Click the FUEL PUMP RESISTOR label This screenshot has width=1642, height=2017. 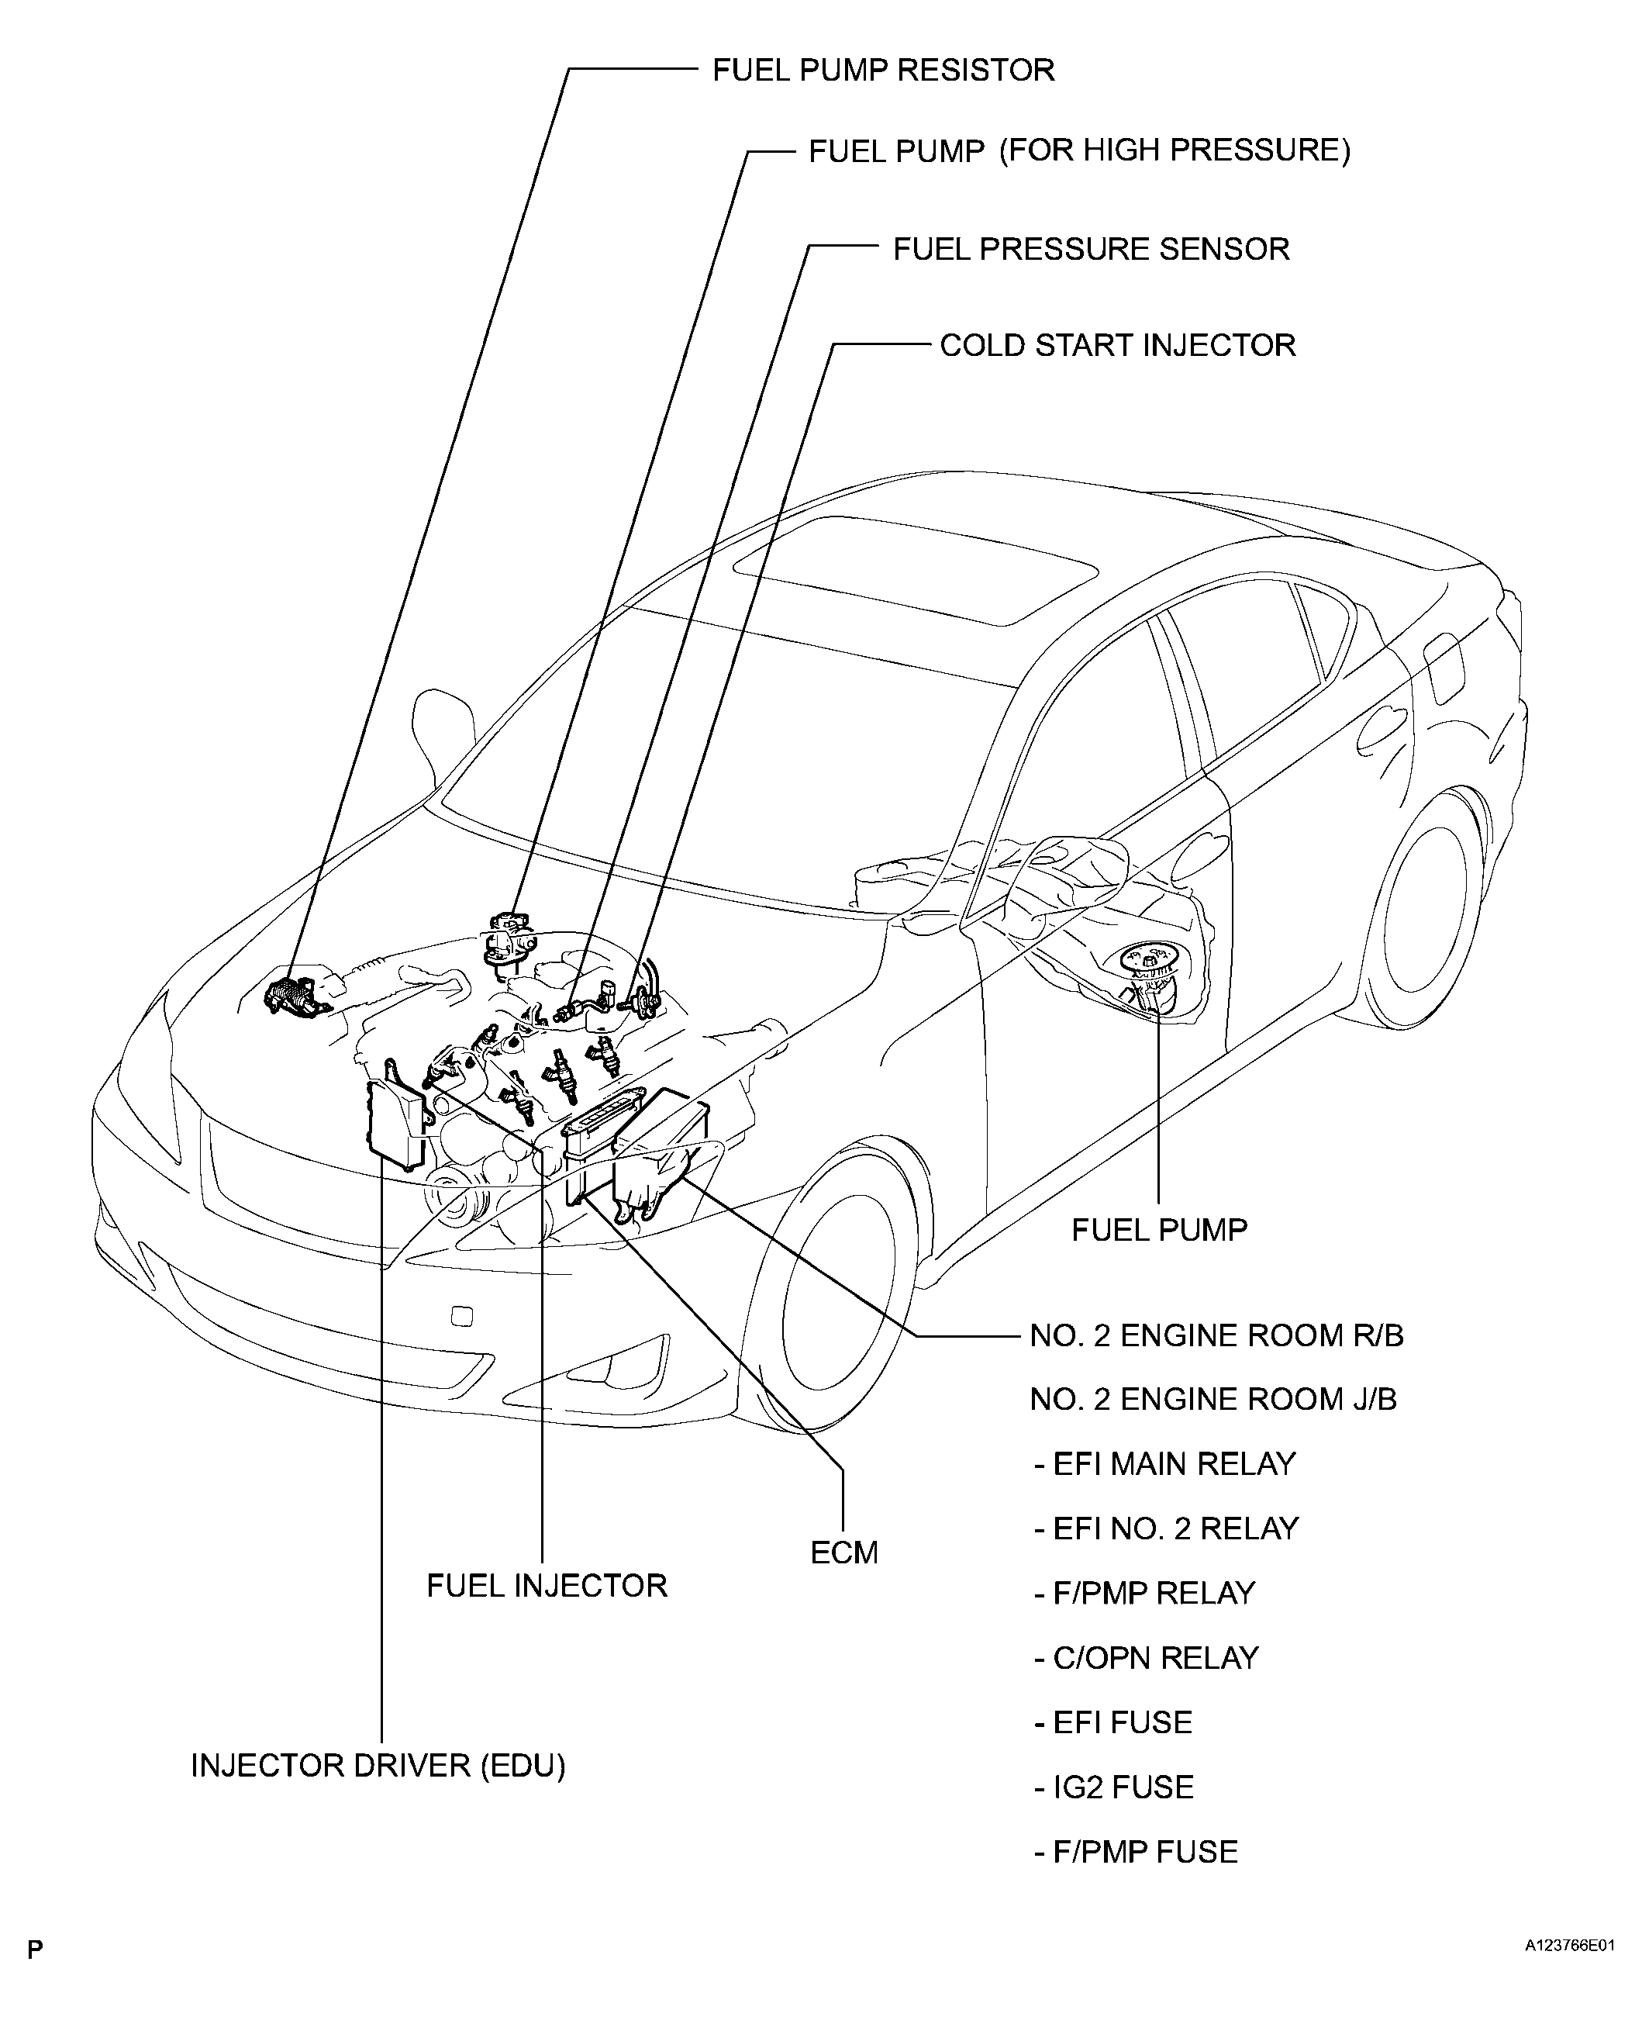tap(884, 70)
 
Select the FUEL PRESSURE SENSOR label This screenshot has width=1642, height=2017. tap(1092, 249)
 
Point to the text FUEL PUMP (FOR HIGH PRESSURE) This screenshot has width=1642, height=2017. tap(1079, 150)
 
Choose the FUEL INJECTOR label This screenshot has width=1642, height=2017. tap(547, 1586)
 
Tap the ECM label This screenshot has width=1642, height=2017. tap(845, 1552)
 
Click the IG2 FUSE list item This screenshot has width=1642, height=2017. tap(1113, 1787)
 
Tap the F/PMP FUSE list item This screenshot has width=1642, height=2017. tap(1136, 1852)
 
